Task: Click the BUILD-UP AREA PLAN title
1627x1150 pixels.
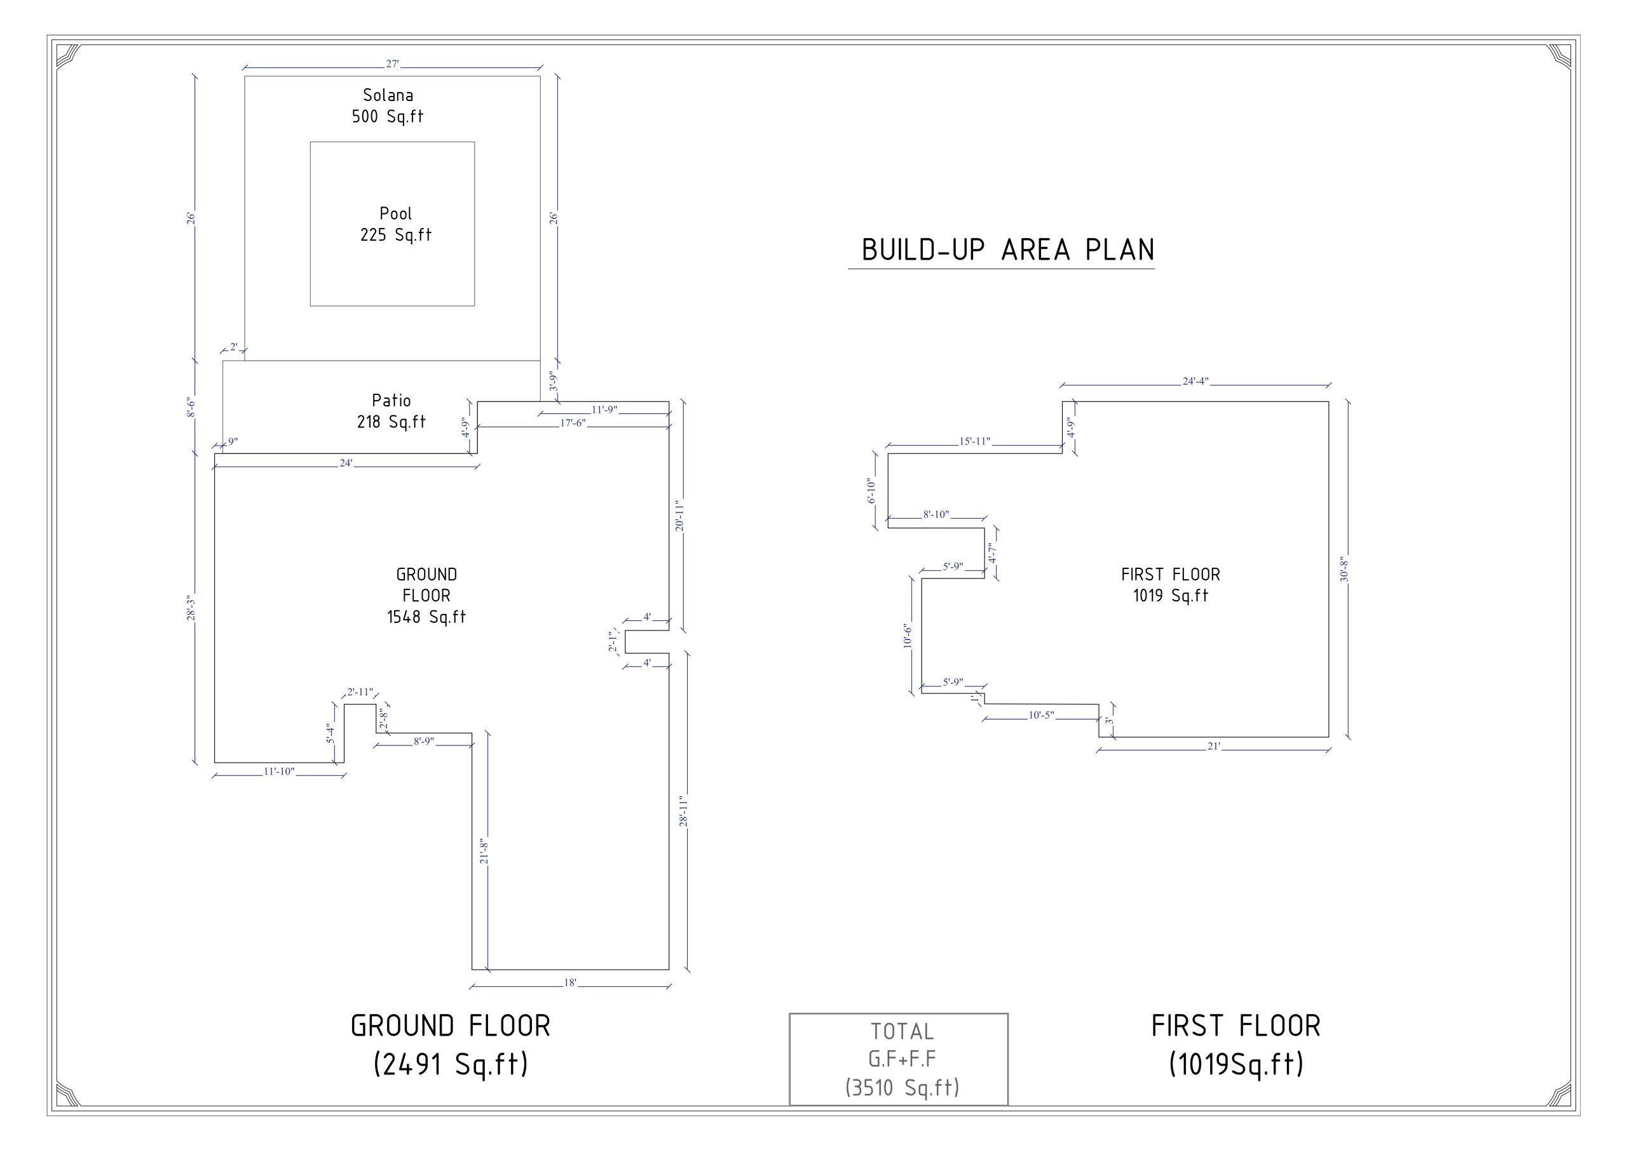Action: click(1008, 250)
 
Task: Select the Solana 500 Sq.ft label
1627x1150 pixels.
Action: click(388, 105)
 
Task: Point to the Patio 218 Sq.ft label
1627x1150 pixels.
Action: click(391, 411)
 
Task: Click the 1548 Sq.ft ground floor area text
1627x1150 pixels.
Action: click(426, 617)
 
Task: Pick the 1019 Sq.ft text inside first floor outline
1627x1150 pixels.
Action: click(1171, 596)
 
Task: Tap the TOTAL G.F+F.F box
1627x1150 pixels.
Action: click(899, 1059)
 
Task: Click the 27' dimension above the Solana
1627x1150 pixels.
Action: click(393, 64)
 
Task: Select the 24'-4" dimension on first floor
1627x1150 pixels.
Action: click(1195, 381)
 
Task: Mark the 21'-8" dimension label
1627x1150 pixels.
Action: click(485, 851)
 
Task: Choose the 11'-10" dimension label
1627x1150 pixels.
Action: click(279, 771)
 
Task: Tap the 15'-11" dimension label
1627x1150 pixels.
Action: click(975, 441)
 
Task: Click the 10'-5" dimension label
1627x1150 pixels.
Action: click(1042, 715)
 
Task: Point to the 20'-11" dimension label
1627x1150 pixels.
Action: click(679, 516)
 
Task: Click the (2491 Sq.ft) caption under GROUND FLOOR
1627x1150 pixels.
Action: click(451, 1064)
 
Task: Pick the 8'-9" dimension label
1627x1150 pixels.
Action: click(424, 740)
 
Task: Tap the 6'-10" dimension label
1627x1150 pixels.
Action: click(871, 491)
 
